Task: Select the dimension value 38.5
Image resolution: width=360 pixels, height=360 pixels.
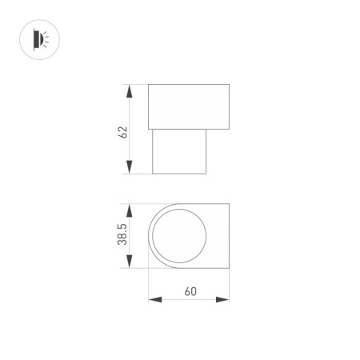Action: coord(123,236)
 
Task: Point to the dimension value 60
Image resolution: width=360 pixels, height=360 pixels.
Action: coord(190,291)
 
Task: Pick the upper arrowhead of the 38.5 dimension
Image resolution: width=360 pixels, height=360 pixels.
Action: coord(130,208)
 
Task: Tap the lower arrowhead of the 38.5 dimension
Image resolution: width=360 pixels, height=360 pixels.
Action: coord(130,264)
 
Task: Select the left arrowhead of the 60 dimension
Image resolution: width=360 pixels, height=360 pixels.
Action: coord(154,300)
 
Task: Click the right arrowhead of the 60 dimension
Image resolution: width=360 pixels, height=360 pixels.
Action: coord(224,300)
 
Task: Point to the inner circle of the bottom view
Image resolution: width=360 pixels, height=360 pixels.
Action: coord(180,237)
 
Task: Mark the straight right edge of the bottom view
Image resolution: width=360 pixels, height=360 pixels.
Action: coord(230,237)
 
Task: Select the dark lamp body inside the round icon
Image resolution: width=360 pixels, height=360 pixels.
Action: coord(34,37)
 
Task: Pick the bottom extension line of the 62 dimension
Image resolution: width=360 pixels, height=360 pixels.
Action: coord(140,174)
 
